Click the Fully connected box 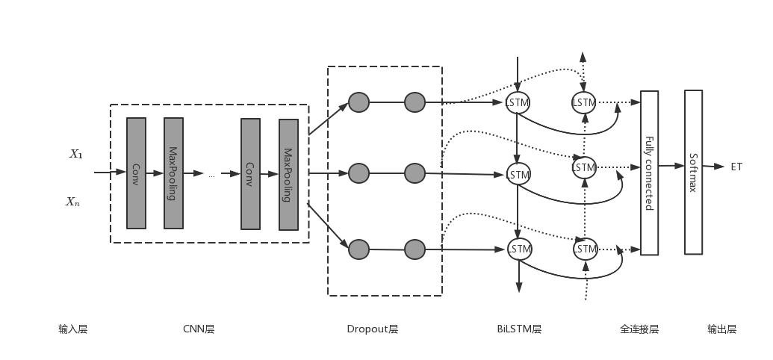(650, 173)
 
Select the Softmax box (693, 173)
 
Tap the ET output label (736, 167)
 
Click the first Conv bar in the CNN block (136, 173)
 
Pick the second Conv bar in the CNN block (250, 173)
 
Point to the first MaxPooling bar (173, 173)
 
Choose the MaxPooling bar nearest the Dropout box (288, 174)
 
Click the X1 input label (76, 154)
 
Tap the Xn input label (72, 201)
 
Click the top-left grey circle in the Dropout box (358, 102)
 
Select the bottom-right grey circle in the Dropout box (415, 249)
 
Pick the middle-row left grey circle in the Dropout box (358, 174)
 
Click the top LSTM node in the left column (518, 102)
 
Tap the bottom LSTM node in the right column (585, 249)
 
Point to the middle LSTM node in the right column (584, 167)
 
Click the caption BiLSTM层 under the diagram (519, 329)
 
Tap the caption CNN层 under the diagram (199, 329)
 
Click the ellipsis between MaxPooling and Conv (211, 175)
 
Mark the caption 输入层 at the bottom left (73, 329)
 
